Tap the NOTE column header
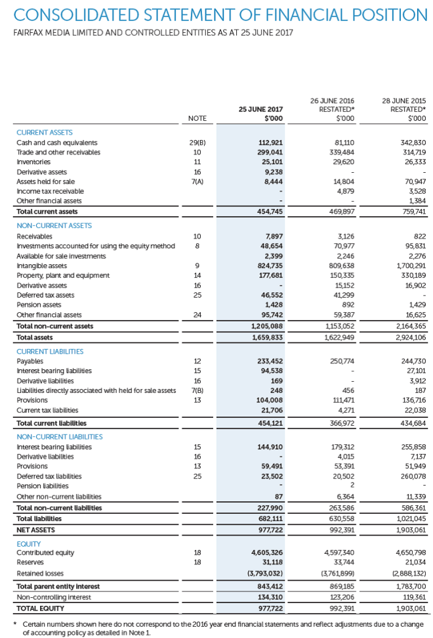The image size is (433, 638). (197, 118)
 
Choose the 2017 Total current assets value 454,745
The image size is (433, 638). (269, 212)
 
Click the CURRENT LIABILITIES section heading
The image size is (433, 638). (50, 352)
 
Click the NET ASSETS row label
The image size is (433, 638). (36, 529)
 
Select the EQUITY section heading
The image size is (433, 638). (28, 543)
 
